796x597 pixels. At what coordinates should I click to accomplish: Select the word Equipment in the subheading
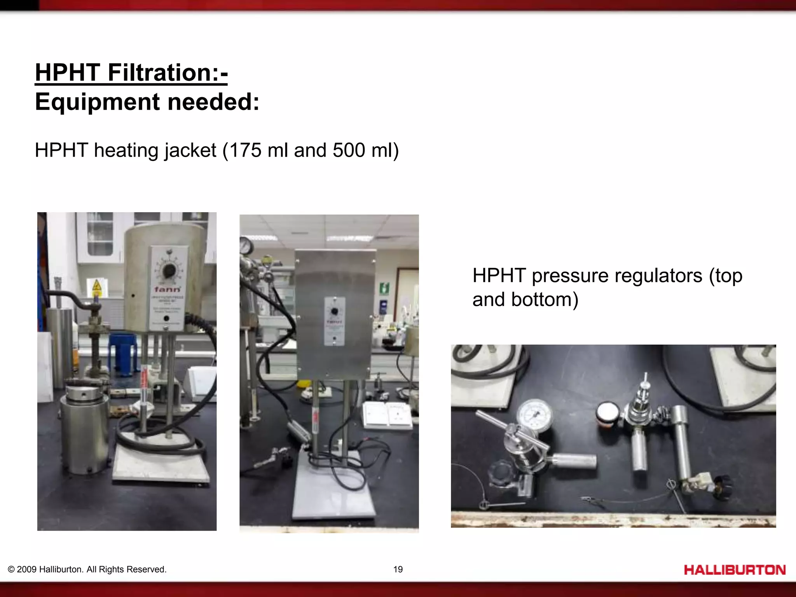coord(97,102)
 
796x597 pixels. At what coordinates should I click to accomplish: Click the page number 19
coord(398,569)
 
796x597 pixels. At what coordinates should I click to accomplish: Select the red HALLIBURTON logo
coord(735,570)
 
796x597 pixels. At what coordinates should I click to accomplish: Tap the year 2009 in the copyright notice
coord(27,569)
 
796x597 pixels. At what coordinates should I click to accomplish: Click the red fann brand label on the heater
coord(167,289)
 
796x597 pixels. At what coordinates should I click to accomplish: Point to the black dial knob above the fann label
coord(169,270)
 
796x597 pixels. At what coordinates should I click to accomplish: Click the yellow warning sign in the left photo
coord(97,288)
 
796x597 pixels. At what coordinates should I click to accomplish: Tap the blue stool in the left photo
coord(123,354)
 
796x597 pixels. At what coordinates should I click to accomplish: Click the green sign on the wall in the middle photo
coord(384,288)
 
